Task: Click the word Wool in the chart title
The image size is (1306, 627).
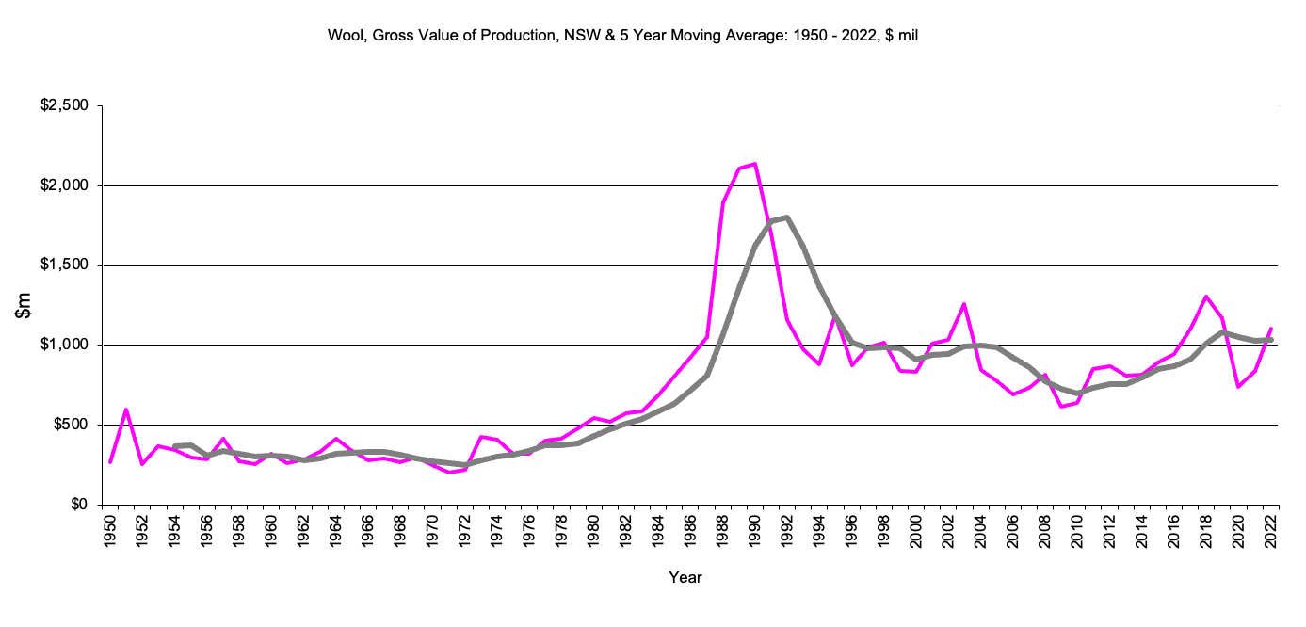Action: pos(344,36)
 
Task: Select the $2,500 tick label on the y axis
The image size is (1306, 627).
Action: pos(64,106)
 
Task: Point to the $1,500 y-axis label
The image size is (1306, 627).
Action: pos(64,265)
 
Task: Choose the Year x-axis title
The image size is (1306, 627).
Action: pos(685,577)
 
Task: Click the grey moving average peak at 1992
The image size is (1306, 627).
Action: pos(787,217)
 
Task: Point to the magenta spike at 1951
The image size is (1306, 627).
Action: pos(126,410)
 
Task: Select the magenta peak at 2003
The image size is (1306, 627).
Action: pos(964,304)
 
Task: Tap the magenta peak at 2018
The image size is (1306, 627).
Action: pos(1206,297)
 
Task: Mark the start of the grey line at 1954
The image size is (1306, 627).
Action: pos(175,446)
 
